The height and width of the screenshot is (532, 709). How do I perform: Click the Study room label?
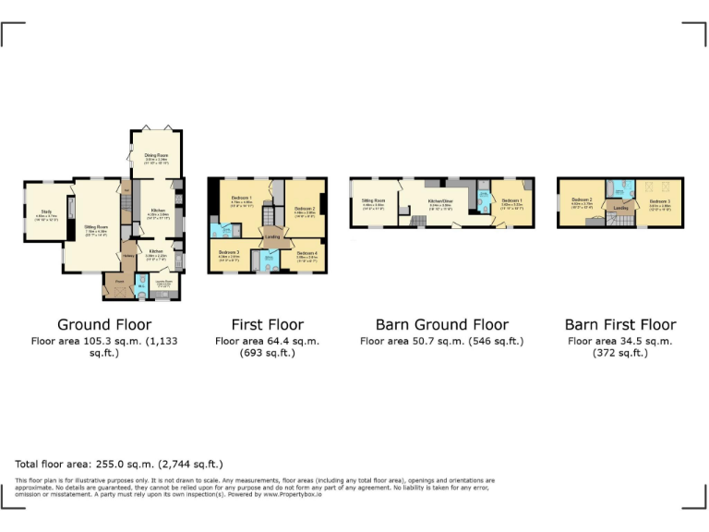pos(46,214)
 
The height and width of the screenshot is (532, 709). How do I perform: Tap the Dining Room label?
pos(156,155)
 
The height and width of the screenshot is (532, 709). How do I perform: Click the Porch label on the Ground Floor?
pos(120,279)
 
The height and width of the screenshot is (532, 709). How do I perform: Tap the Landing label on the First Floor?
pos(272,236)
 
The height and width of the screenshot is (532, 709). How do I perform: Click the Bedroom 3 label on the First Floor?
pos(229,252)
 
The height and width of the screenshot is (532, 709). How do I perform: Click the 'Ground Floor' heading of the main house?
pos(104,324)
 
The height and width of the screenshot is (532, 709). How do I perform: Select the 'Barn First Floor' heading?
pos(619,324)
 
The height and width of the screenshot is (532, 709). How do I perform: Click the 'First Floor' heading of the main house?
pos(267,324)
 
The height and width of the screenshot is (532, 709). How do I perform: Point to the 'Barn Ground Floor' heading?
pos(441,324)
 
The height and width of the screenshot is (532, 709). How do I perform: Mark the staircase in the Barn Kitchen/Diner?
pos(417,220)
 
